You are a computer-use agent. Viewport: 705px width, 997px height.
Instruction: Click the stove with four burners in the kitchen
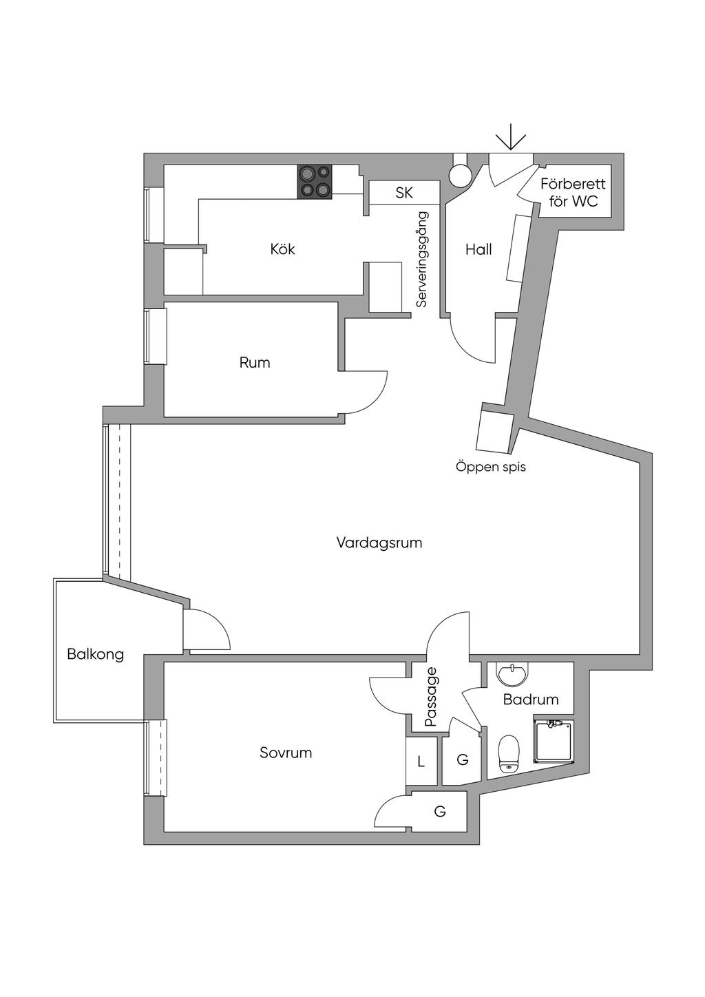pos(315,182)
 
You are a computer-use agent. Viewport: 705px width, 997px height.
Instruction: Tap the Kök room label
pos(282,249)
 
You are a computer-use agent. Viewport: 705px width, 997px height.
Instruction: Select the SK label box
pos(404,193)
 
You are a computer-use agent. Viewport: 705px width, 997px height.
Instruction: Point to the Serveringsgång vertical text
pos(422,259)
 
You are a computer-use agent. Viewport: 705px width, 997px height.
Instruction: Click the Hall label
pos(478,249)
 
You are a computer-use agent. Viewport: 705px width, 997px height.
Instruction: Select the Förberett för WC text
pos(573,193)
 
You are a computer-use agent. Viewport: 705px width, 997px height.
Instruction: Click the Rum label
pos(255,362)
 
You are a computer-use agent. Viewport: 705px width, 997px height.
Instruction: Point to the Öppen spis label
pos(490,466)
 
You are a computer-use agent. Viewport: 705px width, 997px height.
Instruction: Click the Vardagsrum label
pos(379,543)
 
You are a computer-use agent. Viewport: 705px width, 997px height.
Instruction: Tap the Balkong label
pos(96,653)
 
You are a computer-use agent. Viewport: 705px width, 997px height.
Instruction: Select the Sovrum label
pos(286,753)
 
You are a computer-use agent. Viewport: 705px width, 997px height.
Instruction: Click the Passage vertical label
pos(432,697)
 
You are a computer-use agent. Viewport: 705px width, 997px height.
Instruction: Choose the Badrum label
pos(531,700)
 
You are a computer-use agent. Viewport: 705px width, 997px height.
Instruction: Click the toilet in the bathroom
pos(508,753)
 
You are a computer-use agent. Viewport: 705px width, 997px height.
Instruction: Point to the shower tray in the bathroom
pos(554,741)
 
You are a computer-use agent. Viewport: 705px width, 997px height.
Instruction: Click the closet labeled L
pos(421,762)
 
